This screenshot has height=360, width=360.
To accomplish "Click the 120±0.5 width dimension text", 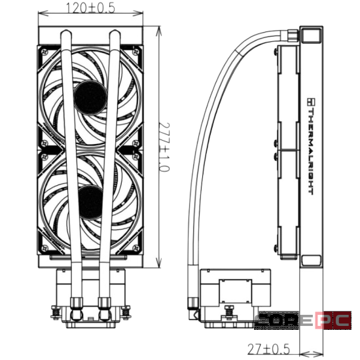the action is [x=90, y=9].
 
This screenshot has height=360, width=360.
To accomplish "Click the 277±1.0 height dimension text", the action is [x=164, y=147].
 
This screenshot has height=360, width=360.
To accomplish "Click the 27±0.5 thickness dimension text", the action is [x=268, y=350].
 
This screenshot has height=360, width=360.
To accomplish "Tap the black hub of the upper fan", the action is [x=90, y=98].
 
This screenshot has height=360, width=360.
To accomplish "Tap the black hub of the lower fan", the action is [x=90, y=202].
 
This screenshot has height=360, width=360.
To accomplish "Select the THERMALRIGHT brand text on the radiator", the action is [x=311, y=147].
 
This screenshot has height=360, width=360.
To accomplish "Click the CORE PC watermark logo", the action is [x=302, y=320].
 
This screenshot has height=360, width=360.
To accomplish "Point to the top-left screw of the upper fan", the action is [x=45, y=52].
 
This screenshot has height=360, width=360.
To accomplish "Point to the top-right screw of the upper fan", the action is [x=136, y=52].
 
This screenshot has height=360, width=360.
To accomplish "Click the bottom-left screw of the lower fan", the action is [x=45, y=248].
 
